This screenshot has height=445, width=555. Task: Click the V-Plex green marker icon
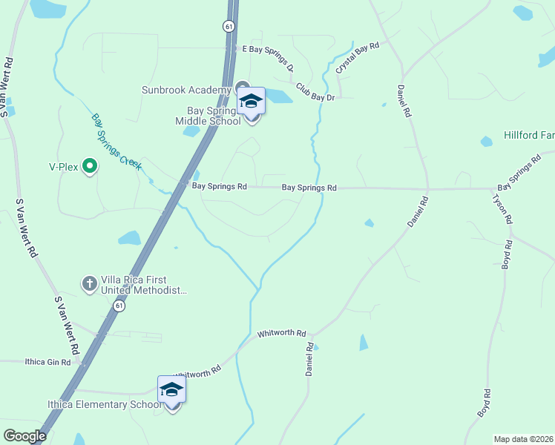tap(90, 165)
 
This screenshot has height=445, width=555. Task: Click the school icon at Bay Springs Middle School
tap(251, 100)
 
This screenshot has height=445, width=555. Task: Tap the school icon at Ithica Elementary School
tap(171, 389)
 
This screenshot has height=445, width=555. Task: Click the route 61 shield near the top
tap(227, 26)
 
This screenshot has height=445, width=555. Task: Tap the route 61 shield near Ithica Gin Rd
tap(119, 306)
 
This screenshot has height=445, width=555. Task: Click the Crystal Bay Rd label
tap(357, 57)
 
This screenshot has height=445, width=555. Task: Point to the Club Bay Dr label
tap(321, 91)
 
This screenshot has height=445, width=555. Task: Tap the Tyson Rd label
tap(502, 208)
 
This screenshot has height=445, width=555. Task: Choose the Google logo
tap(24, 436)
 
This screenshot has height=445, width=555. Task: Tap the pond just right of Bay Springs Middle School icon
tap(277, 96)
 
